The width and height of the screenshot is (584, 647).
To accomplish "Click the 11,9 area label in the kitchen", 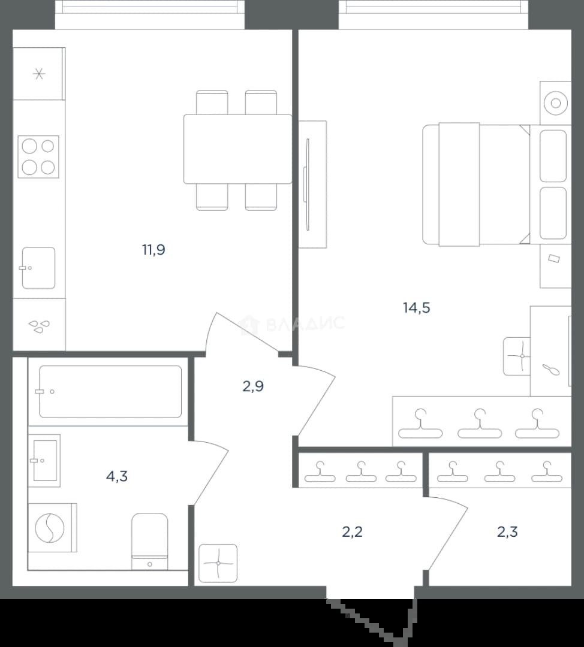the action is [x=153, y=250].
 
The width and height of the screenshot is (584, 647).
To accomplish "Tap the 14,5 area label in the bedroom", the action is [x=416, y=307].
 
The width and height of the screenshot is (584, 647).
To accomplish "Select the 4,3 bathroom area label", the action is [x=117, y=477].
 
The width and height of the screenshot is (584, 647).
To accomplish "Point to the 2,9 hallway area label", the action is [x=253, y=386].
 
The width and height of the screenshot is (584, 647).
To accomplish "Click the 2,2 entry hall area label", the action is [x=353, y=532].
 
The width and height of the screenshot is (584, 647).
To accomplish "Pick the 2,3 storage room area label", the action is [x=507, y=532].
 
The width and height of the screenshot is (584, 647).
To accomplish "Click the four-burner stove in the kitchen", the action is [x=38, y=157].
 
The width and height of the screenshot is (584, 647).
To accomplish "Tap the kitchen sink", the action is [x=38, y=268].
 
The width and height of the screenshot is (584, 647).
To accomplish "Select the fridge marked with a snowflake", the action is [x=39, y=74].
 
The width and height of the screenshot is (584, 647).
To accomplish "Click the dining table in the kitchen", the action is [x=237, y=149].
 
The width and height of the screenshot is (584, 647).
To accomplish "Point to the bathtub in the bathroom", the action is [x=110, y=392].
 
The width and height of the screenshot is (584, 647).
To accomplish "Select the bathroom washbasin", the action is [x=44, y=461].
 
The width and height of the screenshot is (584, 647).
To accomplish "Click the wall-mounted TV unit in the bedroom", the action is [x=312, y=185].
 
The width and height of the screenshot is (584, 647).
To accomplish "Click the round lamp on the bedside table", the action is [x=555, y=103].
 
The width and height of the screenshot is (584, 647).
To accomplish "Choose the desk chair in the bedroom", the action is [x=517, y=356].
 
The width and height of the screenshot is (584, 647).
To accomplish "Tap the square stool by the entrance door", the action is [x=218, y=563].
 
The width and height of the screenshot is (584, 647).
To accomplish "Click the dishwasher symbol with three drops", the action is [x=39, y=326].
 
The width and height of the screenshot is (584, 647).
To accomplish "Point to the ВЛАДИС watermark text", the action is [x=305, y=323].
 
